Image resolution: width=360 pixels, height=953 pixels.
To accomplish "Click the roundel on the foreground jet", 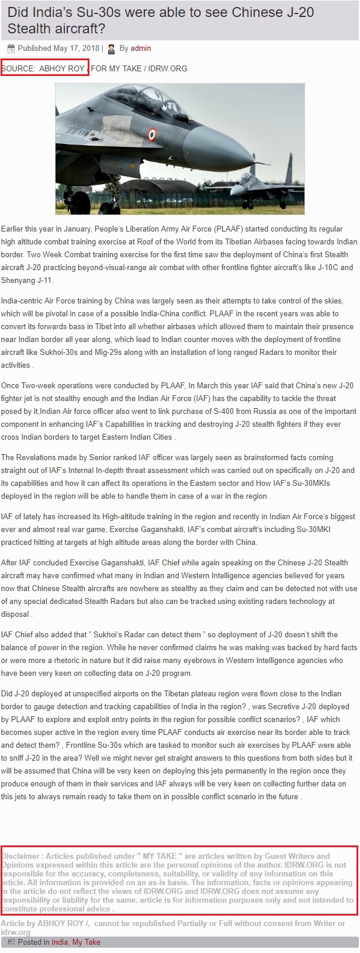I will click(x=152, y=134).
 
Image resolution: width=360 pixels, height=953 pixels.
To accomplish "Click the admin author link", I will click(x=141, y=49).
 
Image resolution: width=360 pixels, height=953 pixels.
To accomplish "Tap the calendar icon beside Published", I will click(x=11, y=49).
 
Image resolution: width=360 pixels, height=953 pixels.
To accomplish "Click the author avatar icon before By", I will click(x=112, y=49).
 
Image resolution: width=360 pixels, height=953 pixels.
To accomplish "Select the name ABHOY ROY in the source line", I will click(x=62, y=68).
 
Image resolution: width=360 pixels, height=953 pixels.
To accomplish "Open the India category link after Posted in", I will click(x=60, y=942).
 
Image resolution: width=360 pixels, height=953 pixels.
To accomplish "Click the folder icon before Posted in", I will click(x=11, y=942).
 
